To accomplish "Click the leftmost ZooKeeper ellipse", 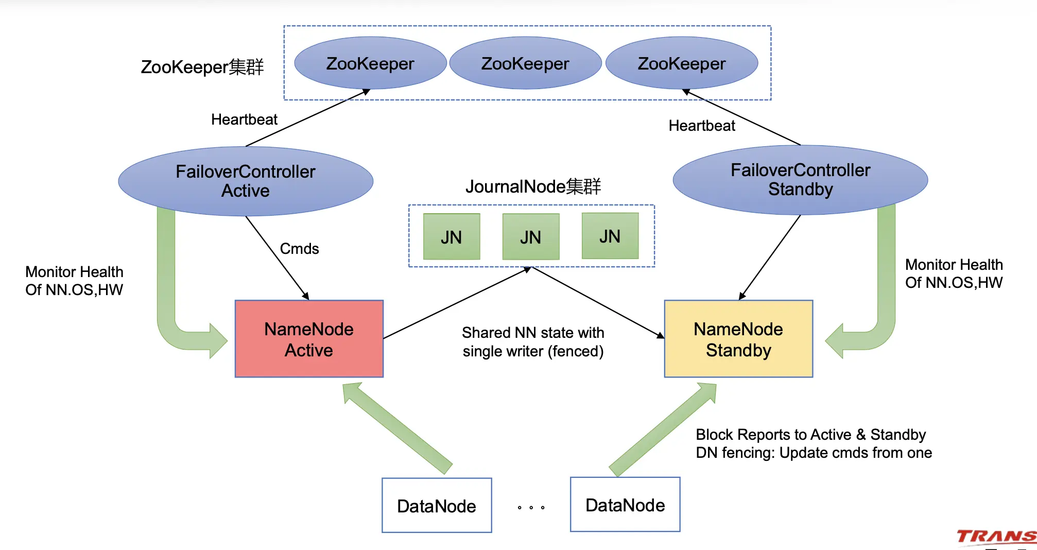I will (x=370, y=63).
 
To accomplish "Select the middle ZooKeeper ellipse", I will (x=525, y=63).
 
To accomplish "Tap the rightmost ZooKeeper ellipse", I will (x=681, y=63).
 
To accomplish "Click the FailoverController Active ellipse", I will (x=246, y=181).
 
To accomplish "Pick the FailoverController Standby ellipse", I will (x=800, y=180).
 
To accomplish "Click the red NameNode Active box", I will (x=309, y=339).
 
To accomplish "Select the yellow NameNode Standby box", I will (x=738, y=339).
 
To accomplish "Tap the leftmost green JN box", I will (x=451, y=237).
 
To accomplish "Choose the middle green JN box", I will (x=530, y=237).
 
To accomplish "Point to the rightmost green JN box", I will (x=610, y=236).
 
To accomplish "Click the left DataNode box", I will (x=437, y=506).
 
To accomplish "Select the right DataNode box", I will (x=625, y=505).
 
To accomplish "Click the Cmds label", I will (x=299, y=249).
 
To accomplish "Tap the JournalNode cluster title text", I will (x=533, y=186).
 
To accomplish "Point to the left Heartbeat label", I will (x=244, y=119).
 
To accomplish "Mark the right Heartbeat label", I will (x=702, y=126).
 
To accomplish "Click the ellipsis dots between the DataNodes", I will (x=531, y=508).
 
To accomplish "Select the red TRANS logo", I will (x=996, y=537).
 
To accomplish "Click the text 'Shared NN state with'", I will (x=533, y=333).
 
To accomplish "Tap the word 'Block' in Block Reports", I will (x=714, y=435).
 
